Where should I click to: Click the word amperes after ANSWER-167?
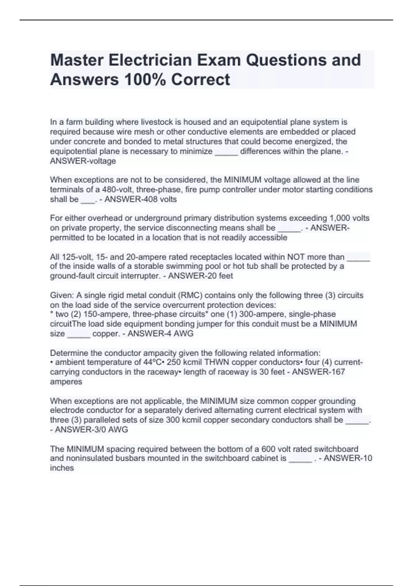pyautogui.click(x=66, y=382)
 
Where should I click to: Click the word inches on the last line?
pyautogui.click(x=62, y=468)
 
